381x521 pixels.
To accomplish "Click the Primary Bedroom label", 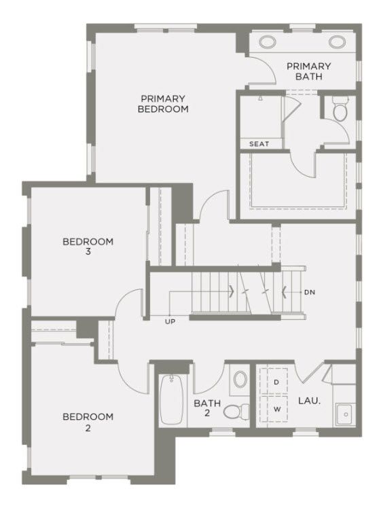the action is [x=163, y=104].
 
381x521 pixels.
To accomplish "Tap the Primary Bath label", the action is [x=308, y=71].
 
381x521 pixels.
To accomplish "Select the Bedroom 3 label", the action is [x=88, y=246].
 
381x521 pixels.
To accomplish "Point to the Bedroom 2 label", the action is [x=88, y=422].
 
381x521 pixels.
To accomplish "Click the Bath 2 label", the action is [x=207, y=408].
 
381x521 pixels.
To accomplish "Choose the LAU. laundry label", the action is [x=309, y=400].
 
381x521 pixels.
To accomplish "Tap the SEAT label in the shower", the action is [x=259, y=144].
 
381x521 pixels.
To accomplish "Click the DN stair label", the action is [x=310, y=292].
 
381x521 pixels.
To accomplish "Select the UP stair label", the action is [x=170, y=322].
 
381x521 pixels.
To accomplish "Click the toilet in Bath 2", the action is [x=236, y=412].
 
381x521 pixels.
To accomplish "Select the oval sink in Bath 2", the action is [x=240, y=379].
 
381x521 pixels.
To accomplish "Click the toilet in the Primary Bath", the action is [x=340, y=109].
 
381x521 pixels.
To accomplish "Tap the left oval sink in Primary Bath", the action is [x=268, y=42].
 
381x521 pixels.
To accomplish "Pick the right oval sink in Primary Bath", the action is [x=338, y=42].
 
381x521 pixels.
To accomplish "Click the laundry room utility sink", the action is [x=346, y=414].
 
